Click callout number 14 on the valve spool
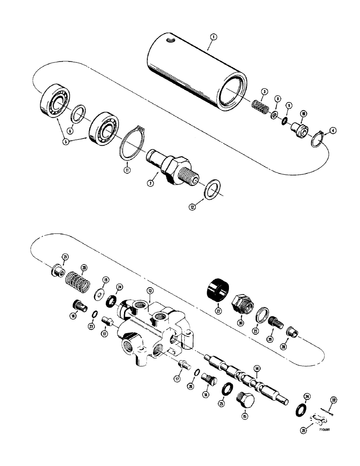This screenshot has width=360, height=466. (256, 368)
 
